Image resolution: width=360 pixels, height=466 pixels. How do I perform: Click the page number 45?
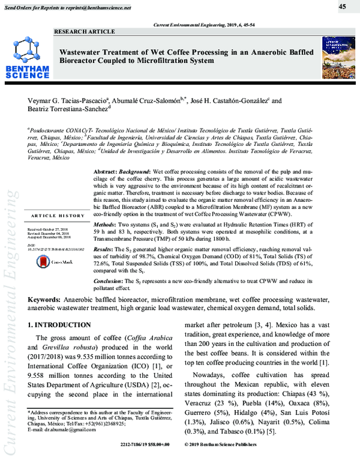(342, 7)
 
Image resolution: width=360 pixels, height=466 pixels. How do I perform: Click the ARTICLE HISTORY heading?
(58, 216)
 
